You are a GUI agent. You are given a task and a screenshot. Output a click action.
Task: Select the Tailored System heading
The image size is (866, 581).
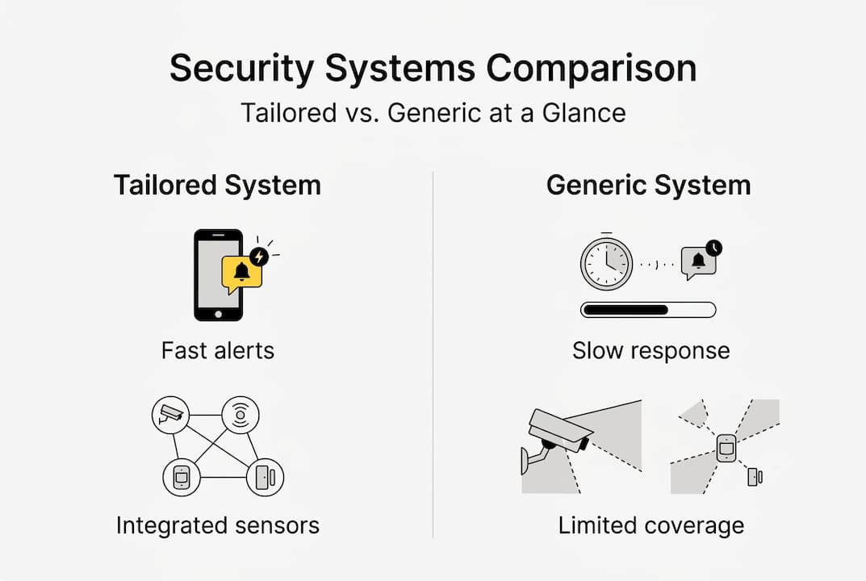click(217, 185)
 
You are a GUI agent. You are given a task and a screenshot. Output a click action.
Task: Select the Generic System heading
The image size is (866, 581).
click(648, 185)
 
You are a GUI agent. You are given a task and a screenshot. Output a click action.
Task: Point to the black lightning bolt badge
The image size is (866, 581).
click(259, 257)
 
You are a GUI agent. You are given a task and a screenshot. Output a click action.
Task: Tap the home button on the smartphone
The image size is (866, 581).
click(218, 311)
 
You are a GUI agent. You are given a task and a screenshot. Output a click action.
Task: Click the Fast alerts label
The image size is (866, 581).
click(218, 350)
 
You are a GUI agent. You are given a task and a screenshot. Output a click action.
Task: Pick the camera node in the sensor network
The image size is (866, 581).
click(170, 415)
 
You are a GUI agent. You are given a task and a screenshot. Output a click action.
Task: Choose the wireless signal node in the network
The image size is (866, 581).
click(240, 415)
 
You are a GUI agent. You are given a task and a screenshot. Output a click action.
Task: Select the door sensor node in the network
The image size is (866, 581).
click(265, 477)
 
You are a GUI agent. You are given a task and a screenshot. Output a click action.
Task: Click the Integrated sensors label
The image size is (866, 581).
click(218, 526)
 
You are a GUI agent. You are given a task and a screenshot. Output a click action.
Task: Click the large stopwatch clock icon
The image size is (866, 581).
click(606, 263)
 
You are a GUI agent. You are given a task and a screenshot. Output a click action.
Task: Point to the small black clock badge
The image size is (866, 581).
click(713, 248)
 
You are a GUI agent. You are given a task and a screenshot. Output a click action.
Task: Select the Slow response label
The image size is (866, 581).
click(651, 350)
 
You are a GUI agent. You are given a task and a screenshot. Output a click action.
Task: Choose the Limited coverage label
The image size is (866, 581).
click(651, 526)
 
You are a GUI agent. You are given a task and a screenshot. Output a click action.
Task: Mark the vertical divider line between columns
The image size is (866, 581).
click(433, 355)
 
